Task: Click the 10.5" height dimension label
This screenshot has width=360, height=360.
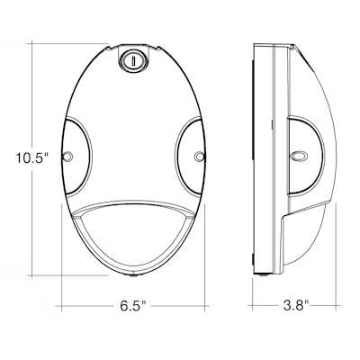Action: pos(32,158)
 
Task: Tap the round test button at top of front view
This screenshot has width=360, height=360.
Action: pos(133,61)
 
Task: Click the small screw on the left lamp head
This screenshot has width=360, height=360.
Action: pos(67,157)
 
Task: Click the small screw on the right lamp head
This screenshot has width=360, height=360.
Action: pos(199,157)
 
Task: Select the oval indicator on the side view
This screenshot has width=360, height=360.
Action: pos(298,157)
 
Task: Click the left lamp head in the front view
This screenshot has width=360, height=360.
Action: pos(76,156)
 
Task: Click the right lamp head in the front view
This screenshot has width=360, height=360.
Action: pos(190,156)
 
